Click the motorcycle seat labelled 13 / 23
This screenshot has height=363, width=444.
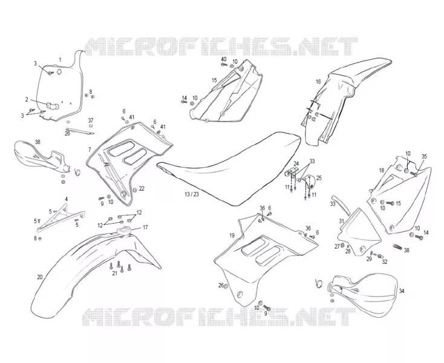click(229, 167)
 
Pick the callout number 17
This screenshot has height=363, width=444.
click(145, 227)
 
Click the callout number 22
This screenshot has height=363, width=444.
click(142, 188)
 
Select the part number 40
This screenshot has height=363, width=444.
click(224, 59)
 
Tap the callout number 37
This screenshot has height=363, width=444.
click(90, 120)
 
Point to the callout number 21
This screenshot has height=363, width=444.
click(114, 273)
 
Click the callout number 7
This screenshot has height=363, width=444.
click(90, 149)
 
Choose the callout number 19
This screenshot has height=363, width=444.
click(232, 235)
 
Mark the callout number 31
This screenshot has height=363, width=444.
click(342, 221)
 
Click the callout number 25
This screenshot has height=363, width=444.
click(319, 178)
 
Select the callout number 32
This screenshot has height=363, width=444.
click(385, 261)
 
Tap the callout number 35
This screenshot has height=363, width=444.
click(424, 156)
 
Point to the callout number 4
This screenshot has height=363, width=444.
click(67, 199)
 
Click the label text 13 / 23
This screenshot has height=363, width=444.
click(192, 195)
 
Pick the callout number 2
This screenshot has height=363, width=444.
click(27, 99)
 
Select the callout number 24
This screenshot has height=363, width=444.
click(296, 163)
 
